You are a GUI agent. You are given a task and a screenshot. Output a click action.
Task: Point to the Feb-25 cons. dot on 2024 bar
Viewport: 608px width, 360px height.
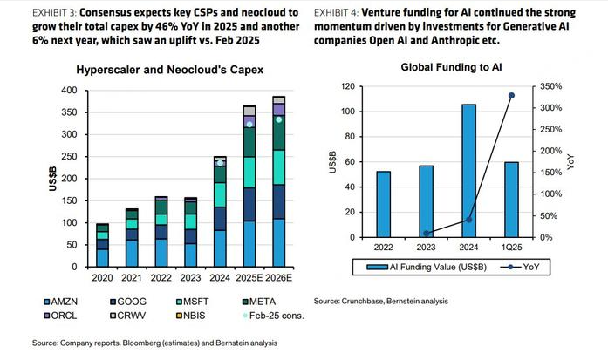pos(221,162)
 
